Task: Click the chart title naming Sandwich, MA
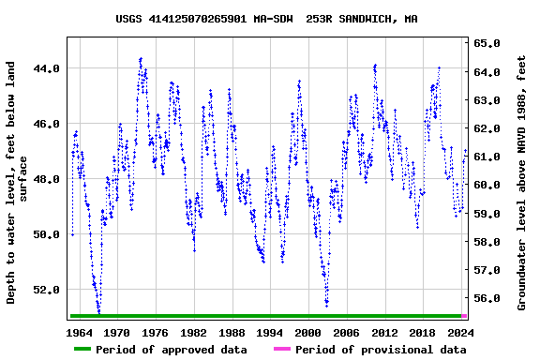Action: click(267, 19)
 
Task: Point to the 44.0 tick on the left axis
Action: click(48, 68)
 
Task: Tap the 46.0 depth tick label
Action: click(48, 124)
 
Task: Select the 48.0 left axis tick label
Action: click(48, 179)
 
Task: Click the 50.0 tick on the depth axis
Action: click(48, 234)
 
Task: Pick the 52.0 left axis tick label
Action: click(48, 290)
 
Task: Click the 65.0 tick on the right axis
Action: click(487, 43)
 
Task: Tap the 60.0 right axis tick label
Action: click(487, 185)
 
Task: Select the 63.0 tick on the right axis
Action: click(487, 99)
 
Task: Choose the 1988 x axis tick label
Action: click(232, 332)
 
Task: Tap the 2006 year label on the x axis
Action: click(346, 332)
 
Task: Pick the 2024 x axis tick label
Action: click(460, 332)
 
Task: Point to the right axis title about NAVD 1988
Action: click(522, 183)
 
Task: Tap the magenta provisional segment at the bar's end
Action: click(464, 316)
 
